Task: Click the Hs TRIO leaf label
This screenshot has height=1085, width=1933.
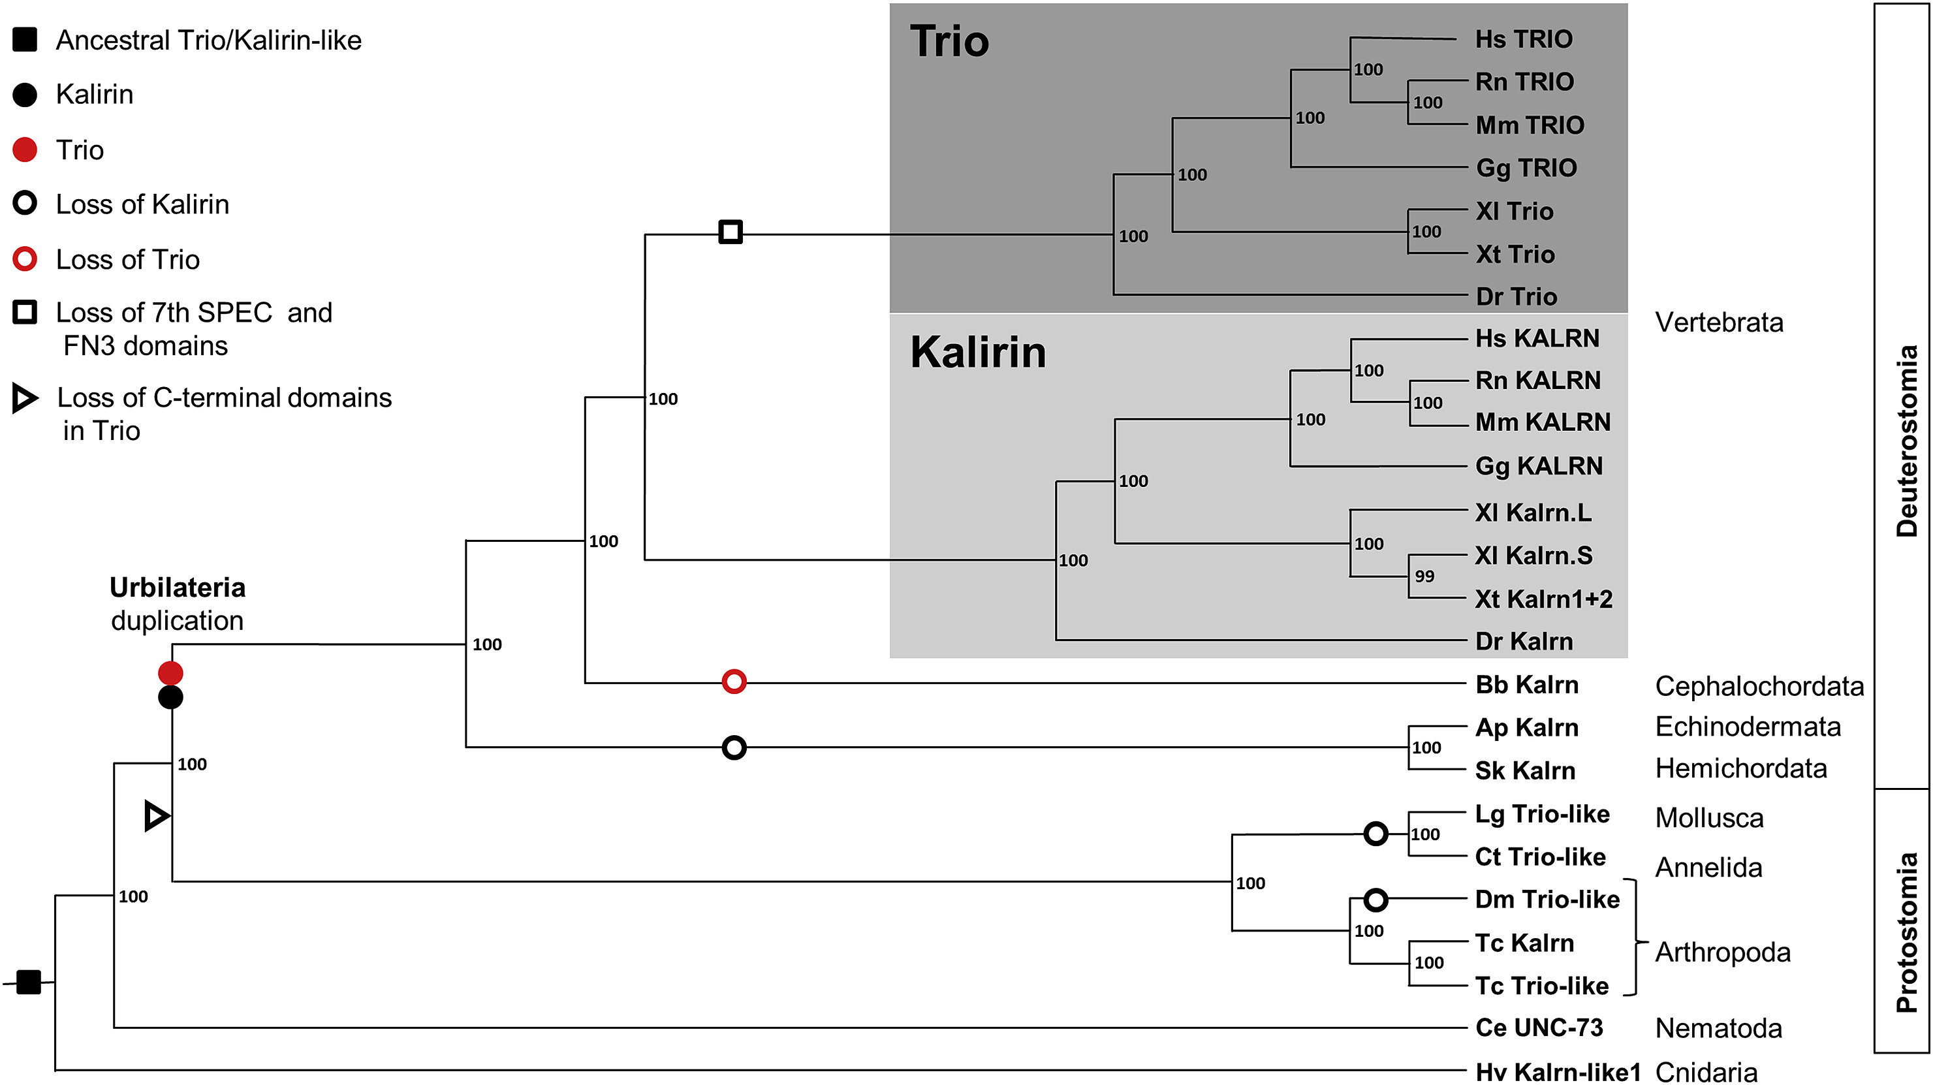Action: click(x=1522, y=39)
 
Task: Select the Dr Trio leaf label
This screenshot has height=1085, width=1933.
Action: click(x=1516, y=296)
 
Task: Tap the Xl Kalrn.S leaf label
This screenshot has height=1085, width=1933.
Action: click(x=1533, y=556)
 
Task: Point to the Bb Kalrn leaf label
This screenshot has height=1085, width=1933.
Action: click(x=1526, y=684)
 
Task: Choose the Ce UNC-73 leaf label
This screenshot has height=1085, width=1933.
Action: click(x=1538, y=1027)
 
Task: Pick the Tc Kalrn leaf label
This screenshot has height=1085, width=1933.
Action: click(x=1524, y=943)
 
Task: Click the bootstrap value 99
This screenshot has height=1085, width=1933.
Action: click(x=1424, y=576)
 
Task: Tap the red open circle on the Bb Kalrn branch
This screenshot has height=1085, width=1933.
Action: click(x=734, y=682)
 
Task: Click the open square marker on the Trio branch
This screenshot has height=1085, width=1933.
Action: click(x=730, y=232)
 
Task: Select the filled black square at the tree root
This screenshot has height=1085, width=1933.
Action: click(x=29, y=981)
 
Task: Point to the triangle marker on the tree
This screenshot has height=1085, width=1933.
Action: click(x=156, y=815)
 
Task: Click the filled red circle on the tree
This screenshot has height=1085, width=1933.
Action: click(x=170, y=672)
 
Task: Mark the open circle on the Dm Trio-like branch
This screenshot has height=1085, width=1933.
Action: click(x=1375, y=900)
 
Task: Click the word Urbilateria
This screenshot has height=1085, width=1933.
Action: click(x=177, y=588)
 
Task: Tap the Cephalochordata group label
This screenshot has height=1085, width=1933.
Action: click(x=1759, y=686)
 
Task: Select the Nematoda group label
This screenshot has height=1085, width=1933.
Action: click(x=1718, y=1028)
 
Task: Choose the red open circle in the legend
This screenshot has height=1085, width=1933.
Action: click(x=25, y=260)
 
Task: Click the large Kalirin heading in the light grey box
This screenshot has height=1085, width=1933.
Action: click(x=977, y=352)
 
